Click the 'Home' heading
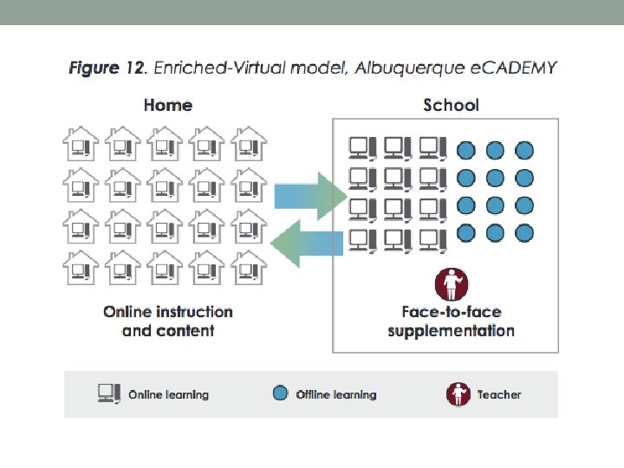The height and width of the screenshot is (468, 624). click(167, 105)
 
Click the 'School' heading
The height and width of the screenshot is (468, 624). click(451, 105)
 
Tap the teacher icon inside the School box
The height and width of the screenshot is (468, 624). click(451, 284)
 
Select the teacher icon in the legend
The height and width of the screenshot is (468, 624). click(458, 394)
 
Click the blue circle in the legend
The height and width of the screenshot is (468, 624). click(279, 393)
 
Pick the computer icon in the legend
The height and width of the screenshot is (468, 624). click(109, 393)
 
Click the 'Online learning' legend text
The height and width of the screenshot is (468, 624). click(168, 394)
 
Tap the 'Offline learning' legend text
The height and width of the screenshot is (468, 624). click(336, 394)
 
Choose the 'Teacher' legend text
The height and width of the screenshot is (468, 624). click(499, 394)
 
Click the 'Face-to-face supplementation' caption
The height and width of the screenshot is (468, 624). click(451, 321)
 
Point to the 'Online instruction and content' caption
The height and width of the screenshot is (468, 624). click(168, 321)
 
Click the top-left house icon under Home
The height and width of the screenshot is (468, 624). click(81, 143)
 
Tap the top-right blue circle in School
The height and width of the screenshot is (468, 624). click(523, 150)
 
